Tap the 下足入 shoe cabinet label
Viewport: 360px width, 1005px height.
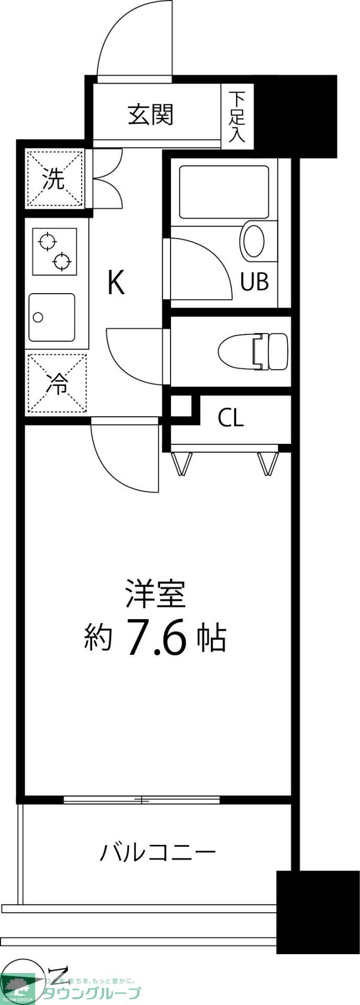tap(238, 117)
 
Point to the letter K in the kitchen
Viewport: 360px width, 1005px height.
tap(116, 283)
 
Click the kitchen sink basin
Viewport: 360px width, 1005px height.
tap(52, 317)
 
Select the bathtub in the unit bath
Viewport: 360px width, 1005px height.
tap(223, 192)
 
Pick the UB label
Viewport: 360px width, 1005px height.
tap(254, 282)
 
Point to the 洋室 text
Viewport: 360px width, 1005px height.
tap(155, 594)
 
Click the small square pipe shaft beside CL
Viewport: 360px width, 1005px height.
tap(182, 406)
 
